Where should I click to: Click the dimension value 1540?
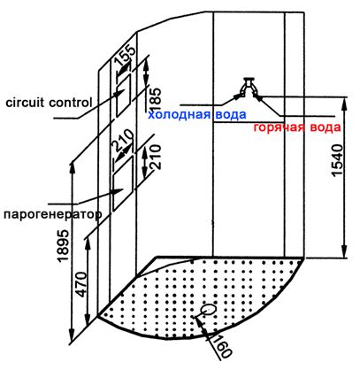point(337,160)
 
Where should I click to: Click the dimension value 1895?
point(63,246)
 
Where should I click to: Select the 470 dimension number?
point(82,284)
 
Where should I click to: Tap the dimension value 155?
point(126,55)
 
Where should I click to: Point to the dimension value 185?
point(156,96)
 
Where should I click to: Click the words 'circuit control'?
point(49,103)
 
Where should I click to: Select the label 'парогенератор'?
point(52,214)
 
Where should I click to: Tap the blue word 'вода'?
point(230,114)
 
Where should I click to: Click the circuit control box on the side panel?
point(124,95)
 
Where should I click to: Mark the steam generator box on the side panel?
point(123,183)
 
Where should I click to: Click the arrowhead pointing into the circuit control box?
point(118,92)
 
